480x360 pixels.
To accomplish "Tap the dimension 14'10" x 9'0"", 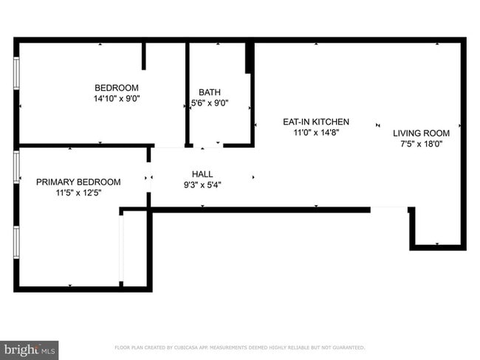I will pos(116,97).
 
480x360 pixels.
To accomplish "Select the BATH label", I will pos(209,92).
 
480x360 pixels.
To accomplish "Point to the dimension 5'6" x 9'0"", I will pos(210,103).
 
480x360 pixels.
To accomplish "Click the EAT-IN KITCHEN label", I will pos(316,122).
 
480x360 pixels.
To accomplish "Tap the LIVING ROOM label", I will pos(421,134).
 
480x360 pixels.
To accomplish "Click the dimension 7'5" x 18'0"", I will pos(421,145).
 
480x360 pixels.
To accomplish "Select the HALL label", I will pos(202,174).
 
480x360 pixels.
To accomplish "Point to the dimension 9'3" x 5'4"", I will pos(202,185).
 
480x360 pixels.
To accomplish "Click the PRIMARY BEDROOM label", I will pos(78,181).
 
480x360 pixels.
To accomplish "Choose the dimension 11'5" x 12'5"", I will pos(78,193).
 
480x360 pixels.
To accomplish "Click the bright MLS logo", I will pos(30,349).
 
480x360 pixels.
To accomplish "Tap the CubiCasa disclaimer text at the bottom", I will pos(239,347).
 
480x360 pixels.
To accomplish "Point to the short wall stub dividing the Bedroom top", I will pos(144,55).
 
